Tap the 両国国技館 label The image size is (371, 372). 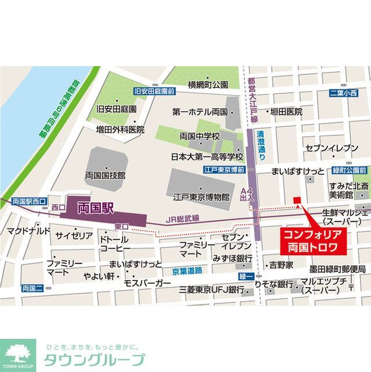(x=105, y=174)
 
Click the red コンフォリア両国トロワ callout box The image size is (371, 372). (x=314, y=240)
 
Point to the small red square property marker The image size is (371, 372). (x=297, y=201)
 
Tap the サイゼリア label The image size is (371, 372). (x=74, y=235)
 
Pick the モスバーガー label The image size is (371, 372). (x=147, y=283)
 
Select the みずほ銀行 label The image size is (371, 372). (x=232, y=257)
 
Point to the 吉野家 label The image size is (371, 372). (x=281, y=265)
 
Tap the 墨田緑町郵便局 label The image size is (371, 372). (x=337, y=269)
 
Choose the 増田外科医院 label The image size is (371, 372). (x=120, y=129)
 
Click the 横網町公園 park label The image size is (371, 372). (x=208, y=85)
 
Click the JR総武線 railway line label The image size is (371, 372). (x=183, y=219)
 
